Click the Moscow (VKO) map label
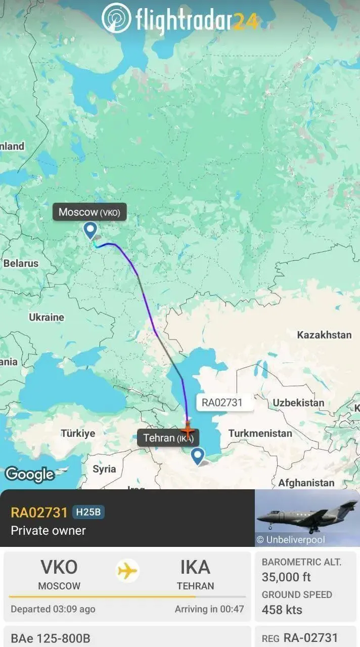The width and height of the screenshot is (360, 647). pyautogui.click(x=89, y=212)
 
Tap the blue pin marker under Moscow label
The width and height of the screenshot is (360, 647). pyautogui.click(x=91, y=230)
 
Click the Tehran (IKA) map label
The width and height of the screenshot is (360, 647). pyautogui.click(x=168, y=438)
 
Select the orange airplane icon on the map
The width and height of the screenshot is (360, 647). pyautogui.click(x=188, y=431)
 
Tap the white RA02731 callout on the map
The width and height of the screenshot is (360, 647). pyautogui.click(x=222, y=402)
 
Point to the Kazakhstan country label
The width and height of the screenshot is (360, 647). pyautogui.click(x=324, y=335)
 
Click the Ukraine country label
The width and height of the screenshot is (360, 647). pyautogui.click(x=47, y=317)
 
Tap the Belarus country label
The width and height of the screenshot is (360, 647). pyautogui.click(x=21, y=263)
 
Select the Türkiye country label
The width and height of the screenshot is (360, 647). pyautogui.click(x=78, y=433)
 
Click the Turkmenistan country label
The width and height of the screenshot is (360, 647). pyautogui.click(x=260, y=433)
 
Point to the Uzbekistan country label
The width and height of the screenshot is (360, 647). pyautogui.click(x=299, y=403)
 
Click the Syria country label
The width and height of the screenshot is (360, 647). pyautogui.click(x=104, y=469)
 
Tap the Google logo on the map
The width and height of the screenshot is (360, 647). pyautogui.click(x=29, y=474)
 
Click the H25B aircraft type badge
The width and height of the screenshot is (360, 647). pyautogui.click(x=88, y=512)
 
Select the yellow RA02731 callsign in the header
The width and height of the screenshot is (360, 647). pyautogui.click(x=39, y=513)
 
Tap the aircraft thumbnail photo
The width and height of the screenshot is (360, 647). pyautogui.click(x=307, y=518)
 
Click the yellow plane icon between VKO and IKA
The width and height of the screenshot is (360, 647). pyautogui.click(x=127, y=571)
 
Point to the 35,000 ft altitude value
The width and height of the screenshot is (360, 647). pyautogui.click(x=286, y=577)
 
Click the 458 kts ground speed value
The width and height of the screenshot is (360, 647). pyautogui.click(x=282, y=610)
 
